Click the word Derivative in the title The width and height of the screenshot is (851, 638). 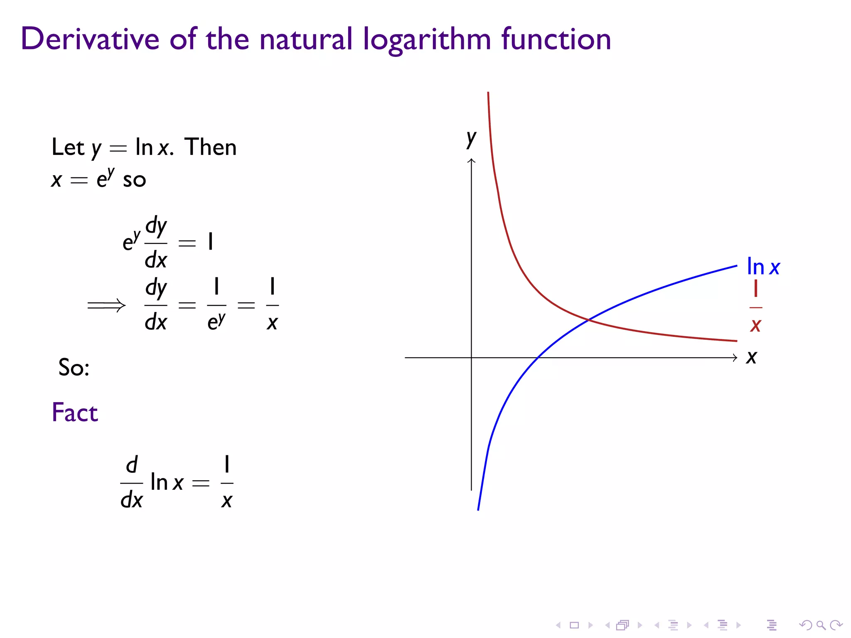pyautogui.click(x=90, y=39)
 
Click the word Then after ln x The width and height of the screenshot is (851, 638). pyautogui.click(x=210, y=147)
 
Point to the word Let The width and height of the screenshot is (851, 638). pyautogui.click(x=68, y=147)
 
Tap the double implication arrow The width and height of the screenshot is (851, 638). pyautogui.click(x=106, y=306)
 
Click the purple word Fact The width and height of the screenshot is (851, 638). pyautogui.click(x=75, y=412)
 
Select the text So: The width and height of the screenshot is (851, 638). pyautogui.click(x=74, y=368)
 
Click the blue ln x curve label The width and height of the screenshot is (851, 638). pyautogui.click(x=763, y=267)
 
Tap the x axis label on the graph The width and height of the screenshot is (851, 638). pyautogui.click(x=751, y=357)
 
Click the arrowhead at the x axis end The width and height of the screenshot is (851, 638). pyautogui.click(x=735, y=357)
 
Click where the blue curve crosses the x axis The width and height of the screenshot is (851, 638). pyautogui.click(x=538, y=357)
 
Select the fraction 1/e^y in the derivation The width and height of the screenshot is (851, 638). pyautogui.click(x=216, y=305)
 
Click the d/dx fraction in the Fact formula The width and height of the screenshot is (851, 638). pyautogui.click(x=131, y=483)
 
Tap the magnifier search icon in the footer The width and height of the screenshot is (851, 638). pyautogui.click(x=821, y=625)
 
